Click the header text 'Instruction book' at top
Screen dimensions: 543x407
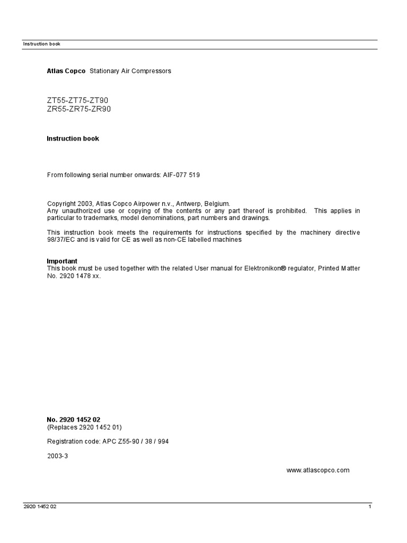click(41, 44)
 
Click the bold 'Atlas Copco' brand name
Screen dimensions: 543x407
click(66, 71)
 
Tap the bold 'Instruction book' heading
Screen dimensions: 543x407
click(73, 139)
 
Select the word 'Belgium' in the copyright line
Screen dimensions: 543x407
click(218, 204)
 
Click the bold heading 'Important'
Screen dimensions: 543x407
click(62, 261)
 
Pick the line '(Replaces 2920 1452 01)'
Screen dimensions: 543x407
click(87, 427)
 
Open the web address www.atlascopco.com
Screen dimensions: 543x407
click(318, 470)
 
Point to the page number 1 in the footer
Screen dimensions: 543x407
click(370, 507)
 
